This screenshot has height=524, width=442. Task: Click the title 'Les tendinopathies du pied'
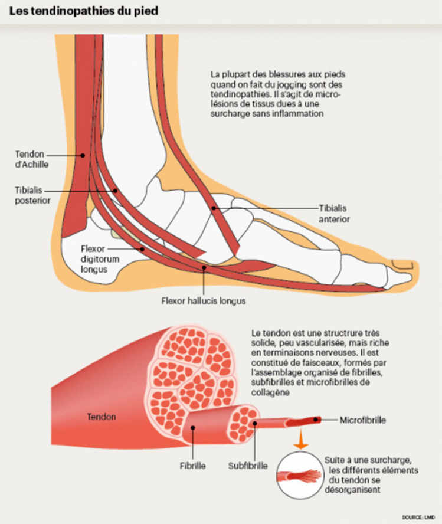click(x=79, y=11)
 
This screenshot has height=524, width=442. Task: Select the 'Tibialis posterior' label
click(x=32, y=196)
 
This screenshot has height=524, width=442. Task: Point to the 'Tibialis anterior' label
click(x=333, y=214)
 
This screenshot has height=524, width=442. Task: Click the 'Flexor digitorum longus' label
click(x=94, y=259)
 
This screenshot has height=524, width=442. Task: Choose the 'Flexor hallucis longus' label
click(x=204, y=300)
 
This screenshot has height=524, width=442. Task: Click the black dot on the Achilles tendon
click(x=83, y=155)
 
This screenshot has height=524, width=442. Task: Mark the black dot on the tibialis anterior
click(x=214, y=208)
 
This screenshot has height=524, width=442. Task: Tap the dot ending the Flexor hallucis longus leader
click(x=204, y=268)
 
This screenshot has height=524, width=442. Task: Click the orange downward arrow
click(x=302, y=439)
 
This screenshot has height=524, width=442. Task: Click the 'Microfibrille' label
click(x=363, y=420)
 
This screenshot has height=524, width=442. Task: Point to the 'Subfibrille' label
click(x=248, y=466)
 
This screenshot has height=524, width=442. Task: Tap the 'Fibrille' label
click(x=192, y=466)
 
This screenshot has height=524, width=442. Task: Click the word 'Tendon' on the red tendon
click(x=102, y=417)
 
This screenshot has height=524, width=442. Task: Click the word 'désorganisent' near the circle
click(x=352, y=489)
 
